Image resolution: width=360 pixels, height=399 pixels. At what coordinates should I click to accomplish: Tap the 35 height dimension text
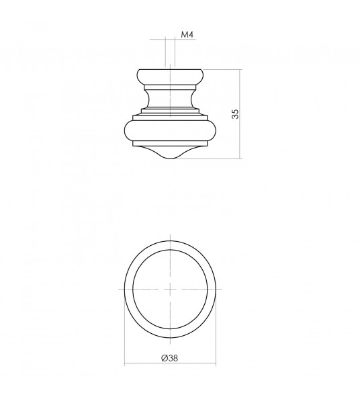pos(234,114)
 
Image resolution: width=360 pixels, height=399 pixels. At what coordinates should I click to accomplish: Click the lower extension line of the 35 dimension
pos(215,159)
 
